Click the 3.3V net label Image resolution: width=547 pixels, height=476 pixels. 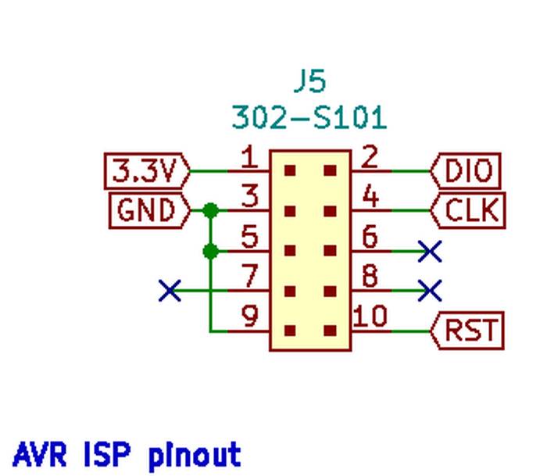click(x=146, y=170)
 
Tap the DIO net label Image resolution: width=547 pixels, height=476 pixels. click(x=467, y=170)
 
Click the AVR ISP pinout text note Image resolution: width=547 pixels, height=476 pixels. click(x=127, y=454)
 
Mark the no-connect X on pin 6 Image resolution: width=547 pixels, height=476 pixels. click(x=430, y=251)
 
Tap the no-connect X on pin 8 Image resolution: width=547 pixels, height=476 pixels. click(x=430, y=291)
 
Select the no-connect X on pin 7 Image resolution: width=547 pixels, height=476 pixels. click(x=170, y=291)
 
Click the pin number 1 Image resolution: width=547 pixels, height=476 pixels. click(x=248, y=159)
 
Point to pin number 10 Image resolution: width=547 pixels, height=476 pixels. click(x=370, y=317)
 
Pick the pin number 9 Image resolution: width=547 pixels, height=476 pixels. click(x=249, y=317)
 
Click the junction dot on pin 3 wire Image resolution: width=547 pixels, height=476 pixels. click(x=210, y=210)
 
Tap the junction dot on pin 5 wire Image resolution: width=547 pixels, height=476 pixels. click(x=210, y=251)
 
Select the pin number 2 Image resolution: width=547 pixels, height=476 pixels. click(x=370, y=159)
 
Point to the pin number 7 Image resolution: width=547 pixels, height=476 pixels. click(x=249, y=277)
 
